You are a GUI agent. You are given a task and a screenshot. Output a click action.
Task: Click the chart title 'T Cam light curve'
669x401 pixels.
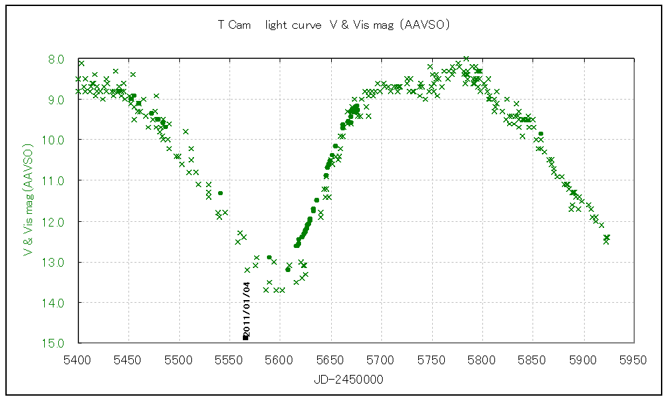tap(332, 25)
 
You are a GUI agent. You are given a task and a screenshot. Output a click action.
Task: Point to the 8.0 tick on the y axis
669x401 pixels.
tap(56, 59)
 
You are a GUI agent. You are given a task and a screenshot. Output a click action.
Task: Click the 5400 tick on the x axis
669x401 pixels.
tap(78, 360)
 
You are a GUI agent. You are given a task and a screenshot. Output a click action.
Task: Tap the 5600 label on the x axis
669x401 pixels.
tap(280, 360)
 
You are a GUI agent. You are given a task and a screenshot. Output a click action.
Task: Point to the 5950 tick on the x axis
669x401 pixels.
tap(634, 360)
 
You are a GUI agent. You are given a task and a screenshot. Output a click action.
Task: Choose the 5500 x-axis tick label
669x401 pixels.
tap(179, 360)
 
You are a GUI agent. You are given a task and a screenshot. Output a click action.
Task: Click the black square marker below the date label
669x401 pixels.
tap(246, 338)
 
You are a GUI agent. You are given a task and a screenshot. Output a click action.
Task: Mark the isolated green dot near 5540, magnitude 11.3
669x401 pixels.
tap(220, 193)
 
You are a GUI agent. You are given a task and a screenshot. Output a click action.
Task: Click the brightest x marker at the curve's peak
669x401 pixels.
tap(466, 59)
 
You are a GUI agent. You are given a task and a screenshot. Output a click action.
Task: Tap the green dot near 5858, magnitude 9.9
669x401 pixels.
tap(541, 134)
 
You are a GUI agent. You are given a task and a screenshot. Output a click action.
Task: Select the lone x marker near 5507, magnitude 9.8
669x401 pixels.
tap(186, 132)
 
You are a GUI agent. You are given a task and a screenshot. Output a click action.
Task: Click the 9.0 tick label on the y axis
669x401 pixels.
tap(56, 100)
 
